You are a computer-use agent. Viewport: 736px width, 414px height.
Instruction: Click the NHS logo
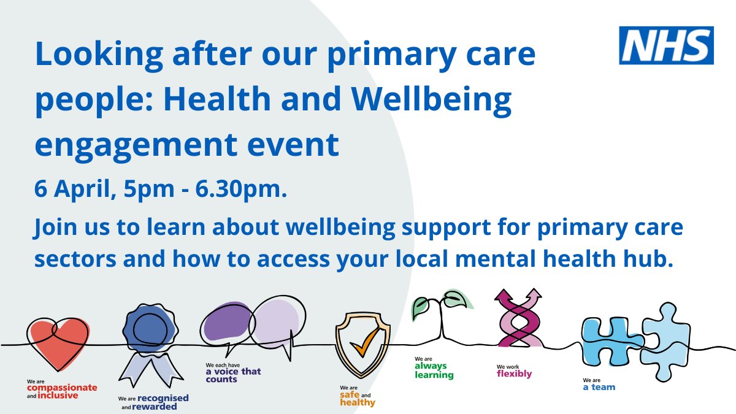pos(666,45)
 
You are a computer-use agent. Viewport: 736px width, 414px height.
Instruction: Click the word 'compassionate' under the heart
pos(62,388)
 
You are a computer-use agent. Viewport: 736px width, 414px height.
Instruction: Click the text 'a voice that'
pos(233,372)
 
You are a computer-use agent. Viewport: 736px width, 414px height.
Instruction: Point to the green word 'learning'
pos(434,375)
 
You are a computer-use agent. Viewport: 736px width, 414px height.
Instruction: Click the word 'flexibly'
pos(514,374)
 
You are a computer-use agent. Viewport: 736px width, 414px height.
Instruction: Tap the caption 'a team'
pos(599,387)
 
